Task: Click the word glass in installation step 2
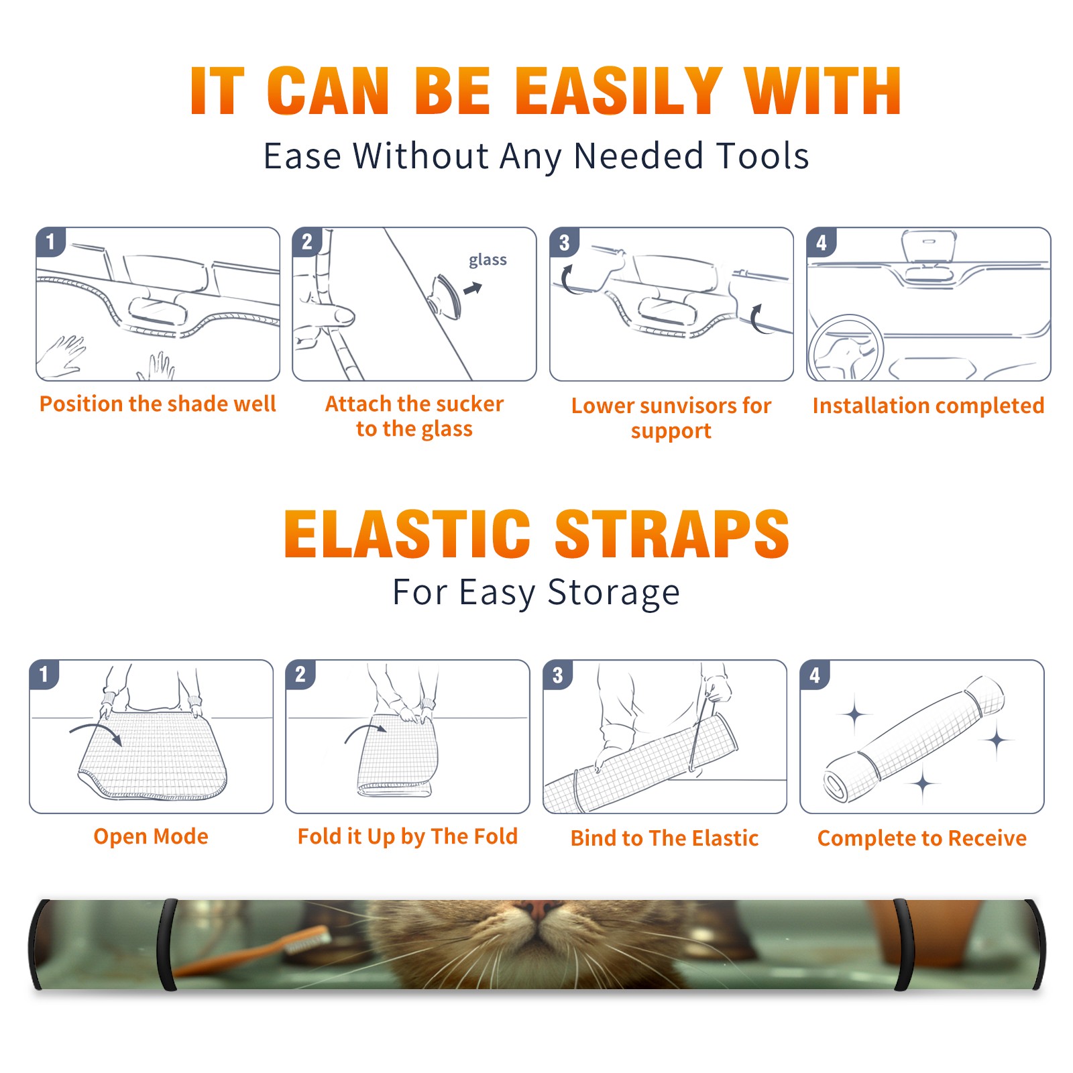pyautogui.click(x=488, y=260)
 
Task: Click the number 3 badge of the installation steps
pyautogui.click(x=564, y=242)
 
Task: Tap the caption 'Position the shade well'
pyautogui.click(x=158, y=404)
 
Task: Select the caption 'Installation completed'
pyautogui.click(x=928, y=406)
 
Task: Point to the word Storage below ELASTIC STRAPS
pyautogui.click(x=614, y=593)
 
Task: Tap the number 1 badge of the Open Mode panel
pyautogui.click(x=44, y=674)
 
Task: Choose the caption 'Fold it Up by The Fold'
pyautogui.click(x=408, y=836)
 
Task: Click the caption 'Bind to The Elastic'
pyautogui.click(x=665, y=838)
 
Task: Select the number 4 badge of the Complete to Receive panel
pyautogui.click(x=815, y=675)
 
